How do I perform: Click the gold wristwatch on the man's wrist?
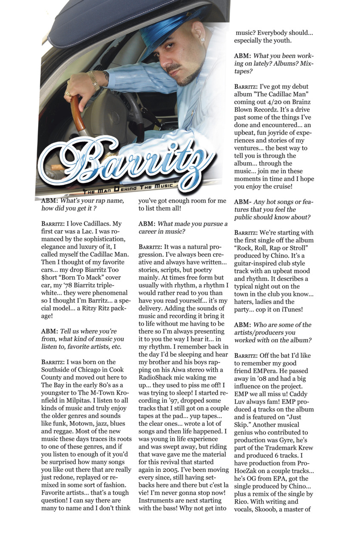click(94, 80)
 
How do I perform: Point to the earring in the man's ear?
click(203, 40)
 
